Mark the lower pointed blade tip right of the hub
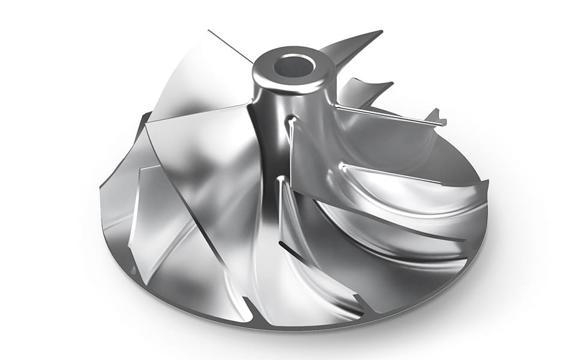point(390,83)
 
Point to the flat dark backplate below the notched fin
point(456,150)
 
